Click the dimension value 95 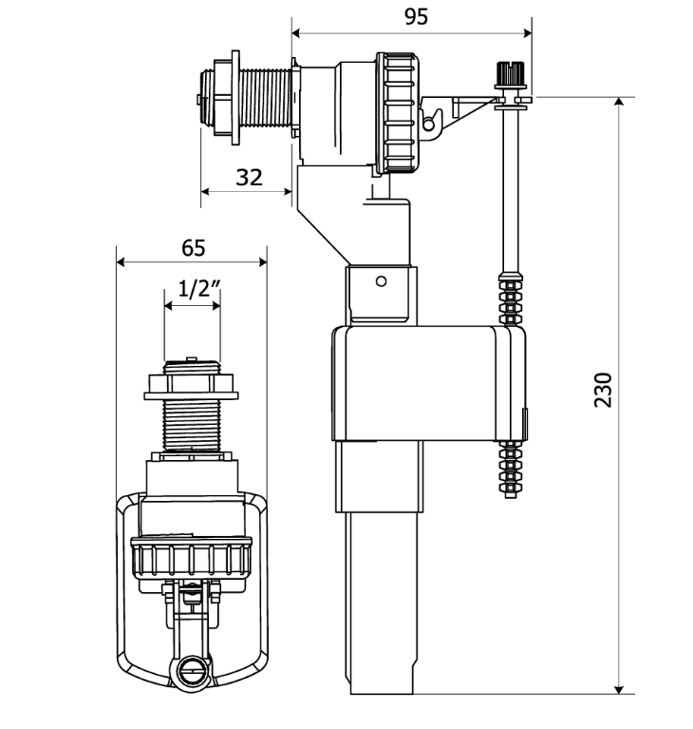click(416, 17)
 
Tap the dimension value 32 click(249, 178)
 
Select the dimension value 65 click(194, 248)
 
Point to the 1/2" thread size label click(199, 289)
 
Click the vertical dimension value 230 click(604, 390)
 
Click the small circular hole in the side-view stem click(381, 281)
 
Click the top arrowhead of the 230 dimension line click(618, 102)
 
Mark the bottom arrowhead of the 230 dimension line click(618, 689)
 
